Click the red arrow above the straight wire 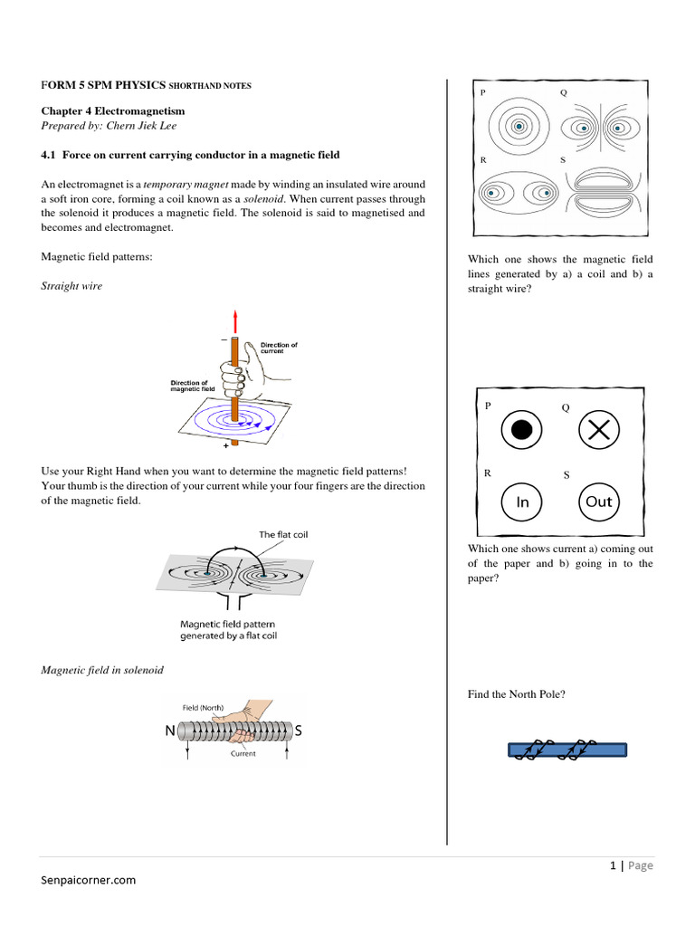236,320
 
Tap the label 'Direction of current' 279,348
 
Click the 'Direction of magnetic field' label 194,387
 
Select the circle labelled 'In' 522,502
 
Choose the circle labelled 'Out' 599,502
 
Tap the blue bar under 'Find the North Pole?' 566,749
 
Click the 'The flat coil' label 283,535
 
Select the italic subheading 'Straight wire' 71,286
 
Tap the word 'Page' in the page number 640,865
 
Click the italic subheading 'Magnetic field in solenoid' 102,670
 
